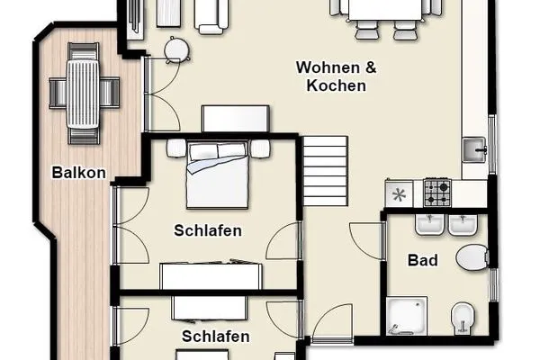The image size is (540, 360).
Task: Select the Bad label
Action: (422, 261)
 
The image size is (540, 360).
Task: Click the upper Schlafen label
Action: (208, 230)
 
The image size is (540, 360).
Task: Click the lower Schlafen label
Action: (215, 337)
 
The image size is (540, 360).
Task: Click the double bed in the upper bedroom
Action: (217, 173)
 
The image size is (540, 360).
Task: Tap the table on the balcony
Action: (85, 90)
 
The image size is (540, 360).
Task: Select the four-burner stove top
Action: (437, 193)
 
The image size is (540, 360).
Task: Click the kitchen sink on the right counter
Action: (475, 149)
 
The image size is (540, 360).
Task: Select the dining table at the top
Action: (389, 11)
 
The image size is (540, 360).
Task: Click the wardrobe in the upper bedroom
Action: (212, 274)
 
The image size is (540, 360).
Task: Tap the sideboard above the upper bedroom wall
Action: (236, 119)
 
